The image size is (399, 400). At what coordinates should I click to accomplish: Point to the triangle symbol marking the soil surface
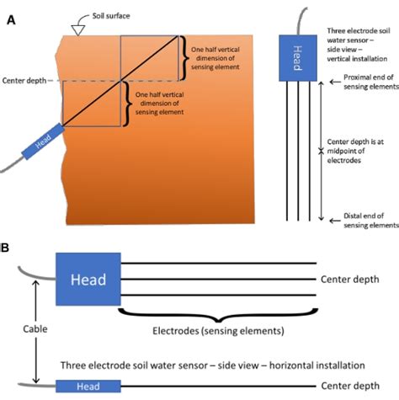coord(77,29)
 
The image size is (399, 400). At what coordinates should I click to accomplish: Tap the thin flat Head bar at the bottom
coord(84,386)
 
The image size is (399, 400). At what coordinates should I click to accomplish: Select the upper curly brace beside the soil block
coord(184,57)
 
